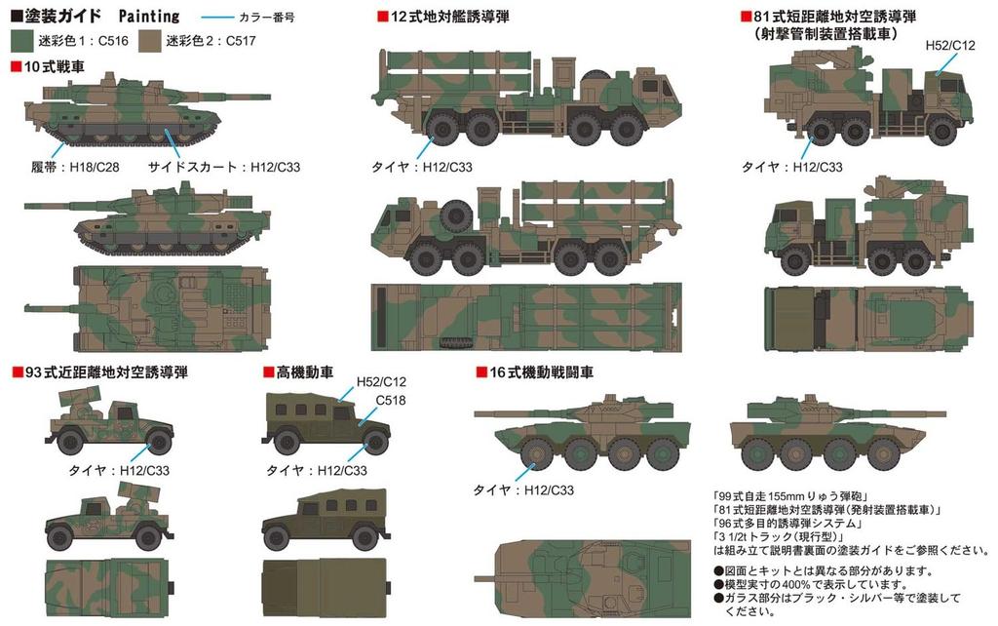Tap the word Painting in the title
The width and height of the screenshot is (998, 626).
(x=150, y=17)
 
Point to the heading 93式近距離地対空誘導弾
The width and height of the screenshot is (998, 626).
(x=106, y=372)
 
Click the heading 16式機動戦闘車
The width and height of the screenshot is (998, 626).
(x=540, y=372)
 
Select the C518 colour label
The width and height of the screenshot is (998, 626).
(x=391, y=400)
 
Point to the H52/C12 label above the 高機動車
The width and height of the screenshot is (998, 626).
(x=381, y=381)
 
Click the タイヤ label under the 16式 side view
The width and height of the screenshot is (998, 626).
(x=520, y=489)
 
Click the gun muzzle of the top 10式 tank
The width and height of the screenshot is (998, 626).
(x=255, y=96)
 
